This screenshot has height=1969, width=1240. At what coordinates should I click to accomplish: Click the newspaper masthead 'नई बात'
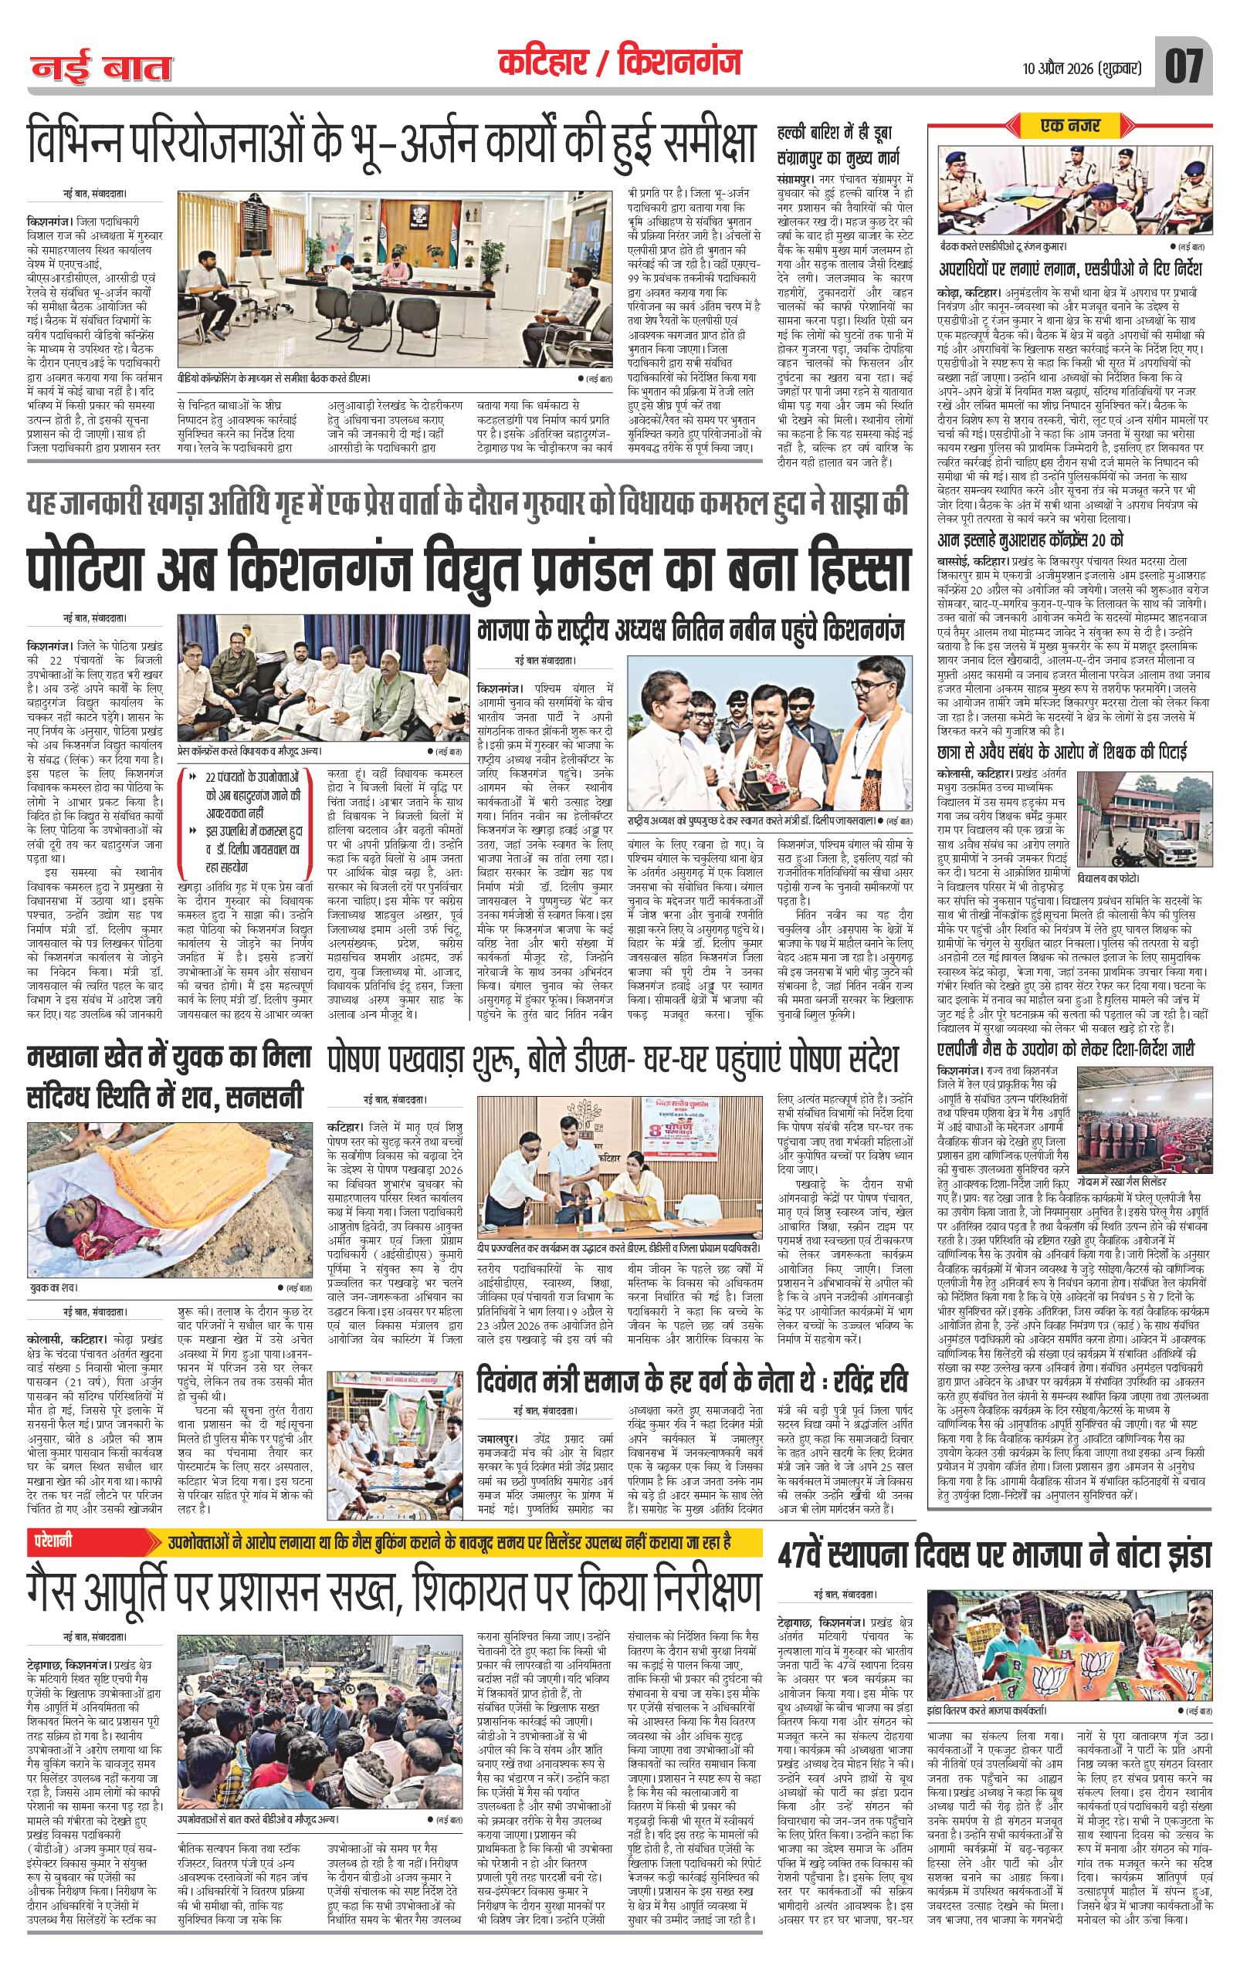pyautogui.click(x=101, y=68)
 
